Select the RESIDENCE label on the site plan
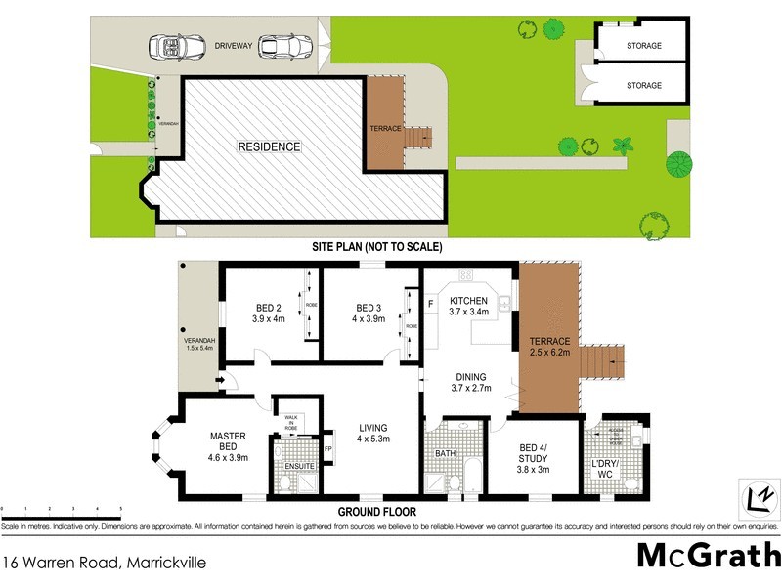[x=270, y=147]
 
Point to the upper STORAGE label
[x=643, y=46]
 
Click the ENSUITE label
[x=298, y=467]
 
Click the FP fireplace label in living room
[x=328, y=450]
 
